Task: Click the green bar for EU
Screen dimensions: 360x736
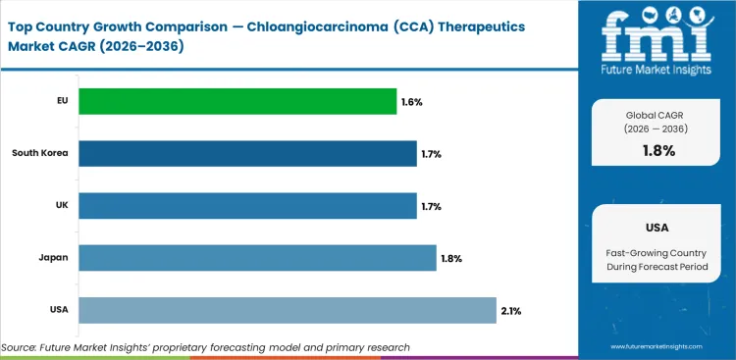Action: [x=237, y=101]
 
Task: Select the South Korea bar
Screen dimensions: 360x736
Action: [x=247, y=153]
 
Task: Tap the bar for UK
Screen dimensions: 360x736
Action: [x=247, y=206]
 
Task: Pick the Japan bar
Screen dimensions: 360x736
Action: [x=257, y=258]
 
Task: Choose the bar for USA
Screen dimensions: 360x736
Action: [x=288, y=310]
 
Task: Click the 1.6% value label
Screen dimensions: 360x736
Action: [x=412, y=101]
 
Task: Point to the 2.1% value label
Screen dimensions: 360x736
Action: [x=510, y=311]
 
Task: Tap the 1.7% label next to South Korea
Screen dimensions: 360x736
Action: [x=432, y=154]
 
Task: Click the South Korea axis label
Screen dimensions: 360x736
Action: [x=40, y=153]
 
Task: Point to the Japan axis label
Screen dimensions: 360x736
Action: [x=52, y=258]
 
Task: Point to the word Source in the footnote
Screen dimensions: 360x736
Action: [x=21, y=347]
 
